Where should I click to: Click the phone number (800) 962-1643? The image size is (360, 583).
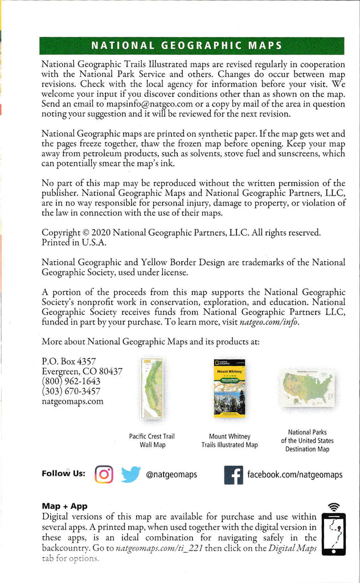(x=71, y=381)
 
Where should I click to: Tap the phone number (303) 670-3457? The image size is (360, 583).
(x=71, y=391)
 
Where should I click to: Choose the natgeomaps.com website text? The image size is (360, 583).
(x=73, y=401)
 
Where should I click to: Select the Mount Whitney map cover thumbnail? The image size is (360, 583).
(x=229, y=388)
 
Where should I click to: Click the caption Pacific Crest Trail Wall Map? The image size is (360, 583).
(x=152, y=440)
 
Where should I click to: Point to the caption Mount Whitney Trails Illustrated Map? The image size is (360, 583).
(x=230, y=440)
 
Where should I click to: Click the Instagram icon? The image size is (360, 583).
(x=104, y=474)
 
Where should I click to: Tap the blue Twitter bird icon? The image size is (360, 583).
(x=130, y=474)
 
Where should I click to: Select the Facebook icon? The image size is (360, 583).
(x=234, y=474)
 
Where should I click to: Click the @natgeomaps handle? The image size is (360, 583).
(x=171, y=474)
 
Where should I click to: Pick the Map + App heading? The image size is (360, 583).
(x=64, y=506)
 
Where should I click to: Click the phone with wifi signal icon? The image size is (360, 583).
(x=334, y=529)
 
